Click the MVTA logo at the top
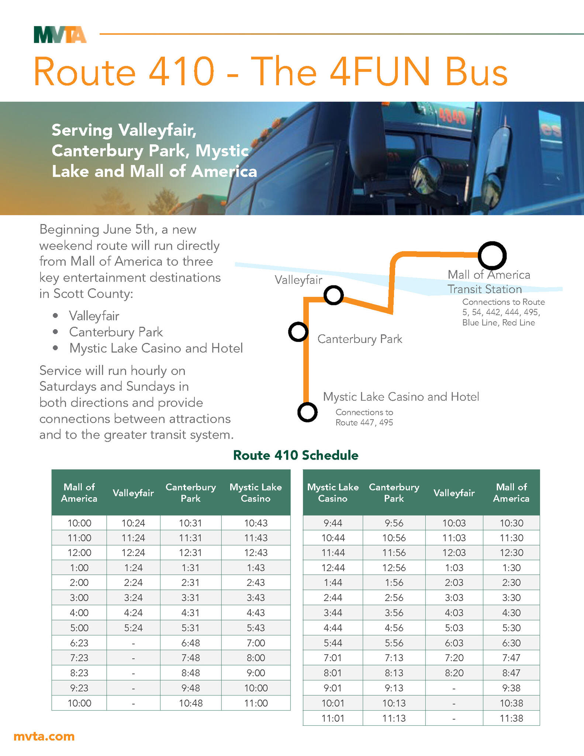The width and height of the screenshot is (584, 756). tap(60, 35)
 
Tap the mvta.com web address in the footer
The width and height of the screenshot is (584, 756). tap(44, 736)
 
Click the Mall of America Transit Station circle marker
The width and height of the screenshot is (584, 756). tap(492, 255)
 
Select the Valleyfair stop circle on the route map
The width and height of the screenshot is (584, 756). tap(334, 295)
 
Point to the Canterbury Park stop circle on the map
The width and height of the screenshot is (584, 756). tap(298, 332)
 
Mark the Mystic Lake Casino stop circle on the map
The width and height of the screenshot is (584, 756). tap(307, 412)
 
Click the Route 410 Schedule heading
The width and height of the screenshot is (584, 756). tap(296, 455)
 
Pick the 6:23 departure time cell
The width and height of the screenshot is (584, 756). tap(79, 643)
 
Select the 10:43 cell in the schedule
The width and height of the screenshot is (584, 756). tap(256, 523)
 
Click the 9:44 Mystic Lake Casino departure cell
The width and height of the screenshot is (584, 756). tap(333, 523)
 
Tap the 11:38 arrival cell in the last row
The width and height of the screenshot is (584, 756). tap(511, 718)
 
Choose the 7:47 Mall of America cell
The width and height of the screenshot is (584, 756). tap(511, 658)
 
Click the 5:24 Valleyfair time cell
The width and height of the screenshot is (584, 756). tap(133, 628)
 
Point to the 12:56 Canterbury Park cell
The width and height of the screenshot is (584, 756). tap(394, 568)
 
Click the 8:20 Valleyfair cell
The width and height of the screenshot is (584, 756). tap(454, 673)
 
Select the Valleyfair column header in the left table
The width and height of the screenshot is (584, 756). tap(133, 493)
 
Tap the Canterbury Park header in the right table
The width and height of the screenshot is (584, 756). tap(394, 493)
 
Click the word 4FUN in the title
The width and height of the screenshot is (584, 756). tap(380, 71)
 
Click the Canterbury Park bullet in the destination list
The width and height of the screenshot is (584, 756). tap(116, 332)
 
